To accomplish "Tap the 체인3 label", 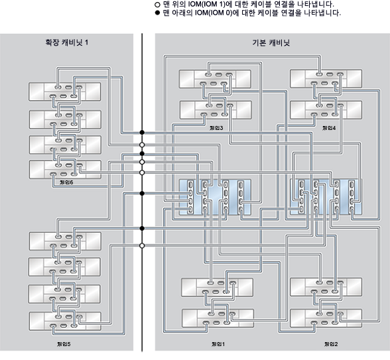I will [216, 127].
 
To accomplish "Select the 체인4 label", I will [328, 127].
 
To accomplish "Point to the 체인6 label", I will [66, 182].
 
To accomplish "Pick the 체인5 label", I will [64, 344].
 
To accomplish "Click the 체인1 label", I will [218, 344].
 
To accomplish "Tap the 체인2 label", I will [330, 344].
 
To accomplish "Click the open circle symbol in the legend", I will [157, 4].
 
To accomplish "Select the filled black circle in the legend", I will [157, 13].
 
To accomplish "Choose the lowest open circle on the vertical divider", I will [142, 245].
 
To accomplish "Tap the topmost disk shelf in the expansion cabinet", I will [64, 91].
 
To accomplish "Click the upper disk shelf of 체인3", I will [215, 80].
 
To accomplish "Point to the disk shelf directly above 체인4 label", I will [326, 109].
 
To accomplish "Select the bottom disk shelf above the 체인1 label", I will [215, 318].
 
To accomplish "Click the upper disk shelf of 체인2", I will [326, 288].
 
